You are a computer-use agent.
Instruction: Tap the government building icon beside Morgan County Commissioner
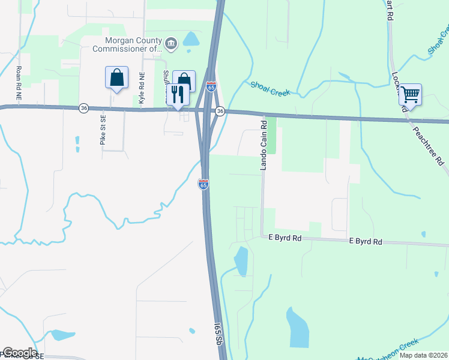(171, 43)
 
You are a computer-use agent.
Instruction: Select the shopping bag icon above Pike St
(116, 78)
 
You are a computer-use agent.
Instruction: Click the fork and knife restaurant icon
(178, 94)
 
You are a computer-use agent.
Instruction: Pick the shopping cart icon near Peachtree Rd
(410, 94)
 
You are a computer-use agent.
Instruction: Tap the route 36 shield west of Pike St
(83, 108)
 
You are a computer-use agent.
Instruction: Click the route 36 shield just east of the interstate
(220, 111)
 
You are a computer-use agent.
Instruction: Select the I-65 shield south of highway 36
(203, 185)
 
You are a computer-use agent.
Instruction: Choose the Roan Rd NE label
(19, 83)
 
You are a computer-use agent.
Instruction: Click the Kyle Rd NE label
(142, 89)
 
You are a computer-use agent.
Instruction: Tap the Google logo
(20, 353)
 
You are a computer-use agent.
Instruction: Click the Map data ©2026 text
(423, 355)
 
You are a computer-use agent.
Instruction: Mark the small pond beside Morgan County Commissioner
(191, 40)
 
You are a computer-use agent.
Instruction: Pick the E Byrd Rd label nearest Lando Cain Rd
(285, 238)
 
